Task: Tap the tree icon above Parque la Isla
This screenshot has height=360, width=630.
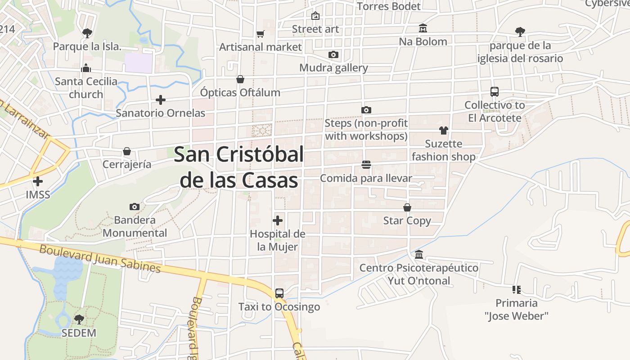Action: pos(87,32)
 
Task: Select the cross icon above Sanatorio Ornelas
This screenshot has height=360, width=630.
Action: pos(161,99)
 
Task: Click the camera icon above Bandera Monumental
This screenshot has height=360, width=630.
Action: pos(134,207)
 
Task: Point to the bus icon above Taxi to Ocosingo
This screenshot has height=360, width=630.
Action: pos(279,293)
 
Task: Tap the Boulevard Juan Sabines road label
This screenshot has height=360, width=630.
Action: pos(100,258)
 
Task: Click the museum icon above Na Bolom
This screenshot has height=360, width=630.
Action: pos(423,28)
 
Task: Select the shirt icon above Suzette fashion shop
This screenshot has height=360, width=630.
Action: pos(444,130)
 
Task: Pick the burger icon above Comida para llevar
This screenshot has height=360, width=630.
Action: pos(366,165)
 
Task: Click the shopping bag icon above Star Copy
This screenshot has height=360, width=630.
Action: pos(407,207)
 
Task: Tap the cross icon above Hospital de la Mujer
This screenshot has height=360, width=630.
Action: pos(278,220)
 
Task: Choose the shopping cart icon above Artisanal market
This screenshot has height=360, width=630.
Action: pos(260,34)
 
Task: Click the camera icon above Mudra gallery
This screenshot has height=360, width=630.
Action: pos(333,54)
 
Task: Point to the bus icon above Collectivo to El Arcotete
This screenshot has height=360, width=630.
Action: pos(495,91)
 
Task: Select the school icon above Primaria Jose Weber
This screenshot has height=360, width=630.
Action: pos(516,289)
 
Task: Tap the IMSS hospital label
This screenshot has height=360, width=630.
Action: pos(38,195)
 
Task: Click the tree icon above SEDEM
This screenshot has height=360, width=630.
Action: pos(79,319)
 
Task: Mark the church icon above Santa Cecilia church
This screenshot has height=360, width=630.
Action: pos(86,68)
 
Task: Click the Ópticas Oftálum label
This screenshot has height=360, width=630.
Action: pos(240,92)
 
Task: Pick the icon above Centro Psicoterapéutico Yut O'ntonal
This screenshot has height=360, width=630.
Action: pos(419,255)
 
